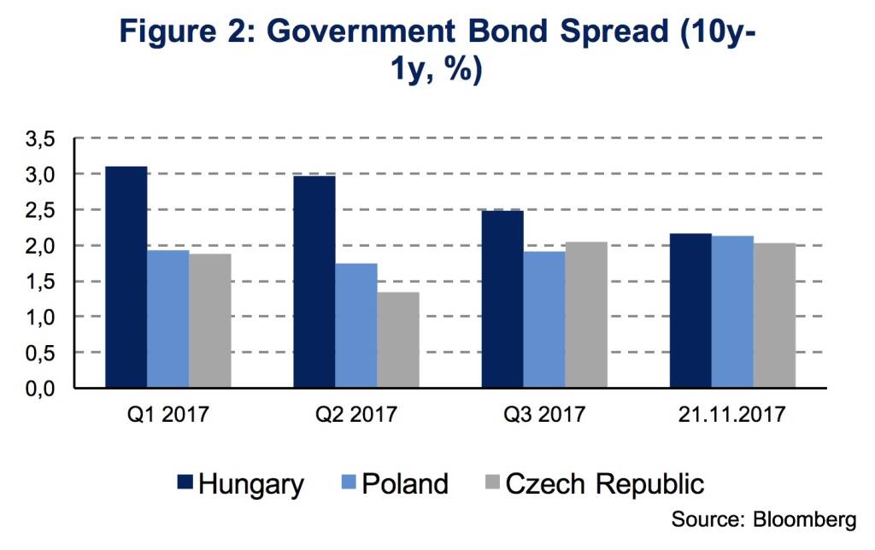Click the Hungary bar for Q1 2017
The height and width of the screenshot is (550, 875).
pos(126,278)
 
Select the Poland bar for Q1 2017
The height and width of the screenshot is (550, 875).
pos(168,319)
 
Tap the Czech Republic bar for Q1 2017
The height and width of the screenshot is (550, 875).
pos(210,321)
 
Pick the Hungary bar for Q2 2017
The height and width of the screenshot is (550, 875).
pos(314,282)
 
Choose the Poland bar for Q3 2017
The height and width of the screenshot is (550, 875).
pos(544,320)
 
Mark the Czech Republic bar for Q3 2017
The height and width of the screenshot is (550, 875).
pos(586,315)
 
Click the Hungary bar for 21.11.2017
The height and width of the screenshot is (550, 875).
pos(690,311)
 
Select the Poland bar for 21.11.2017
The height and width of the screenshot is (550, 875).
pos(732,312)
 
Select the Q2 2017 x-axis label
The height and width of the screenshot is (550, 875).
pos(356,416)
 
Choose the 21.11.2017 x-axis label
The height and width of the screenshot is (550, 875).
pos(732,416)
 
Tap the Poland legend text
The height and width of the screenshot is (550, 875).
pos(404,484)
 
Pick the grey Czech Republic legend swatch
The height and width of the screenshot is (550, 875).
pos(490,484)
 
